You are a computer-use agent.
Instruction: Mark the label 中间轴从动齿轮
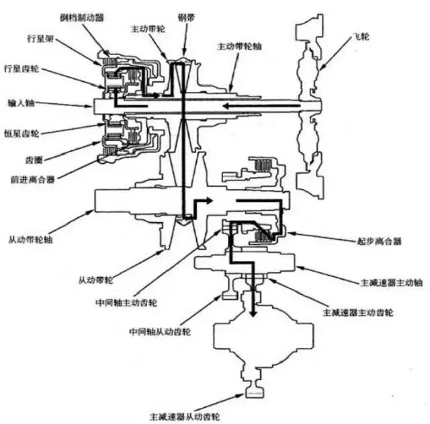(159, 331)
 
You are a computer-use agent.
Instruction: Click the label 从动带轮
(99, 276)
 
